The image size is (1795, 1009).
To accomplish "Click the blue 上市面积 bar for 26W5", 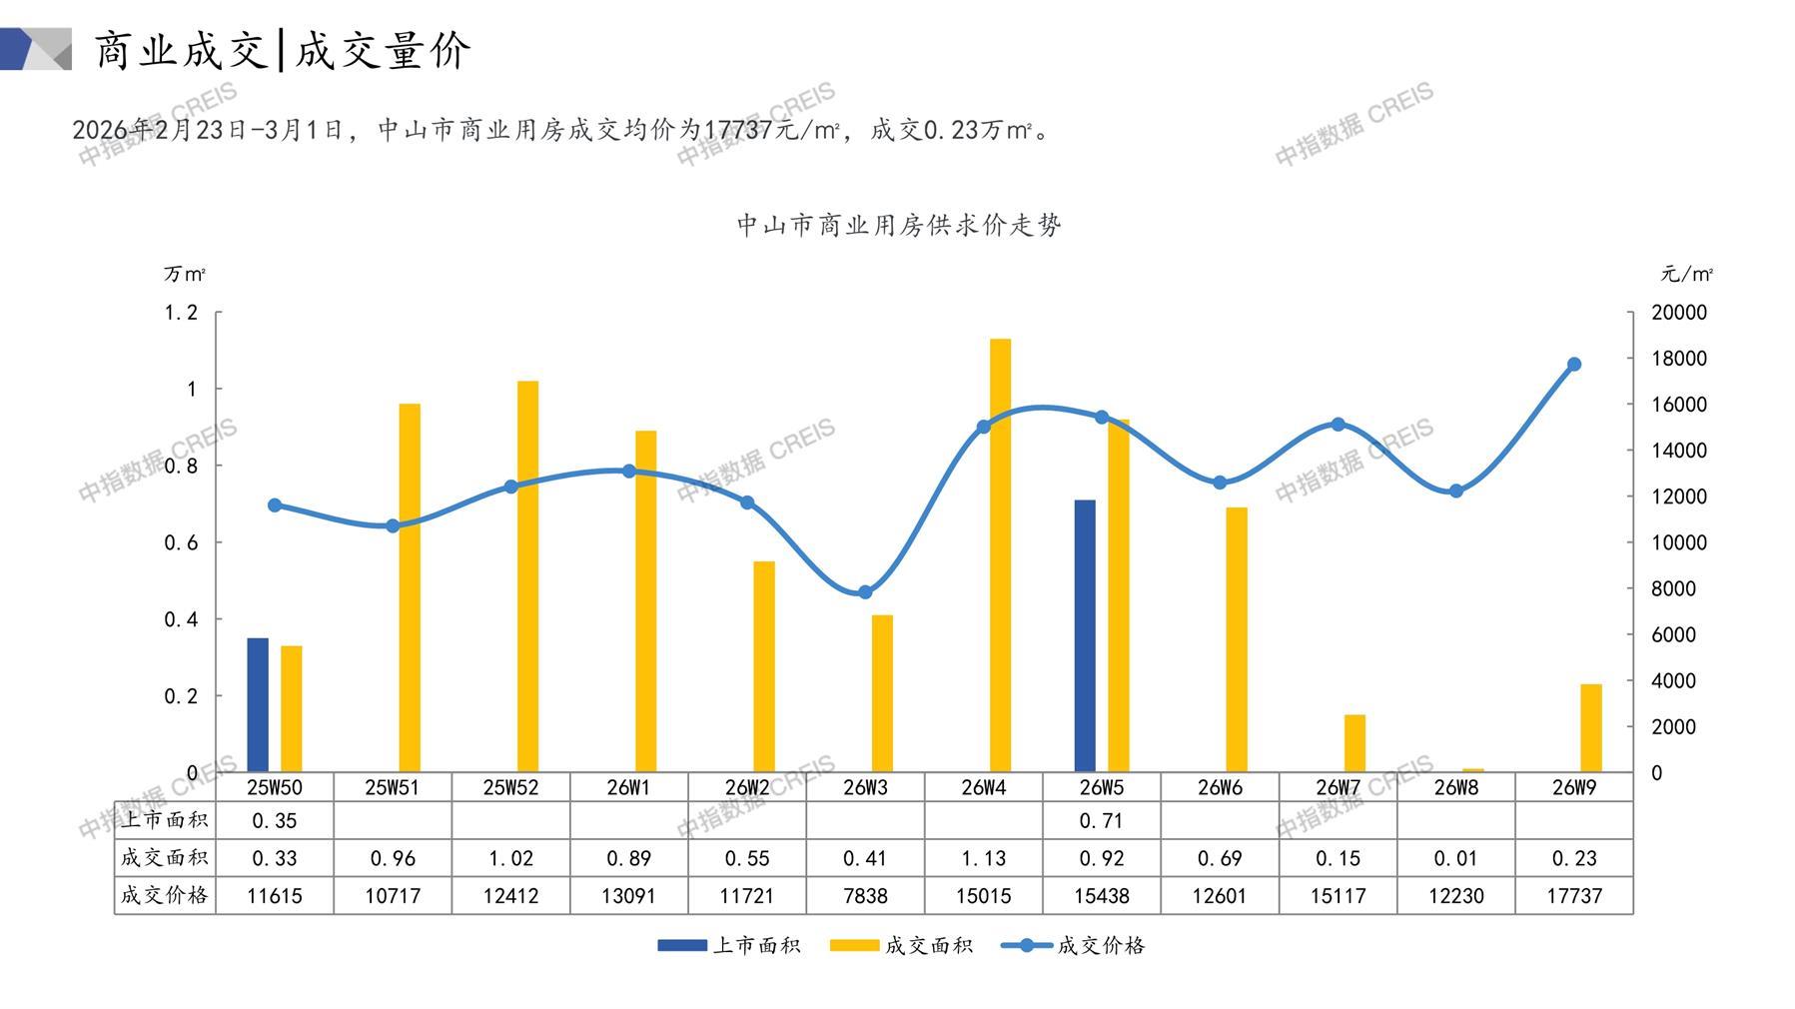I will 1085,635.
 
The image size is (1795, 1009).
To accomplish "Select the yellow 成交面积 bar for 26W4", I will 1000,555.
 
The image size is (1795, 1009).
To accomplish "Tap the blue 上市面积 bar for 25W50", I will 258,704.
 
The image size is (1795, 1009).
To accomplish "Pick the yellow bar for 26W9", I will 1590,727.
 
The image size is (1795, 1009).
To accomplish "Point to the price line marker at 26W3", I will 865,592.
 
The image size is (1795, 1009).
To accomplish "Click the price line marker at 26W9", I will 1574,365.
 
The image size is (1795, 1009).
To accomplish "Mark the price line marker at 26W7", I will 1339,425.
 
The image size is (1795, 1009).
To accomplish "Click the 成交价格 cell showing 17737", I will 1574,896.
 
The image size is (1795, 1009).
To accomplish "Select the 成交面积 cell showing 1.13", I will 984,858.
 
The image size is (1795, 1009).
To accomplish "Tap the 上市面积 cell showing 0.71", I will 1102,821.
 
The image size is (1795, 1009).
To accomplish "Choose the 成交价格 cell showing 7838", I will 865,896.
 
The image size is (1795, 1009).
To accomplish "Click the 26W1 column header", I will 628,787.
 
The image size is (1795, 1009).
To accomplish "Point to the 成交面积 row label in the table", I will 165,858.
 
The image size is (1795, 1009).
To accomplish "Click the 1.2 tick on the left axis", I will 181,313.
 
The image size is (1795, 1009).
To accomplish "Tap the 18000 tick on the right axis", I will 1679,359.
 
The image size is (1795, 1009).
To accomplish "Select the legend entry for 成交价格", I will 1074,945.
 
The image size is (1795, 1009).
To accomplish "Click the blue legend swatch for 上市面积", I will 681,945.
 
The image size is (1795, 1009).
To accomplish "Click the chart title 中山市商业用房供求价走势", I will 899,225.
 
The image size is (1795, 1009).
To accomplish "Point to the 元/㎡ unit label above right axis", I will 1687,274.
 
